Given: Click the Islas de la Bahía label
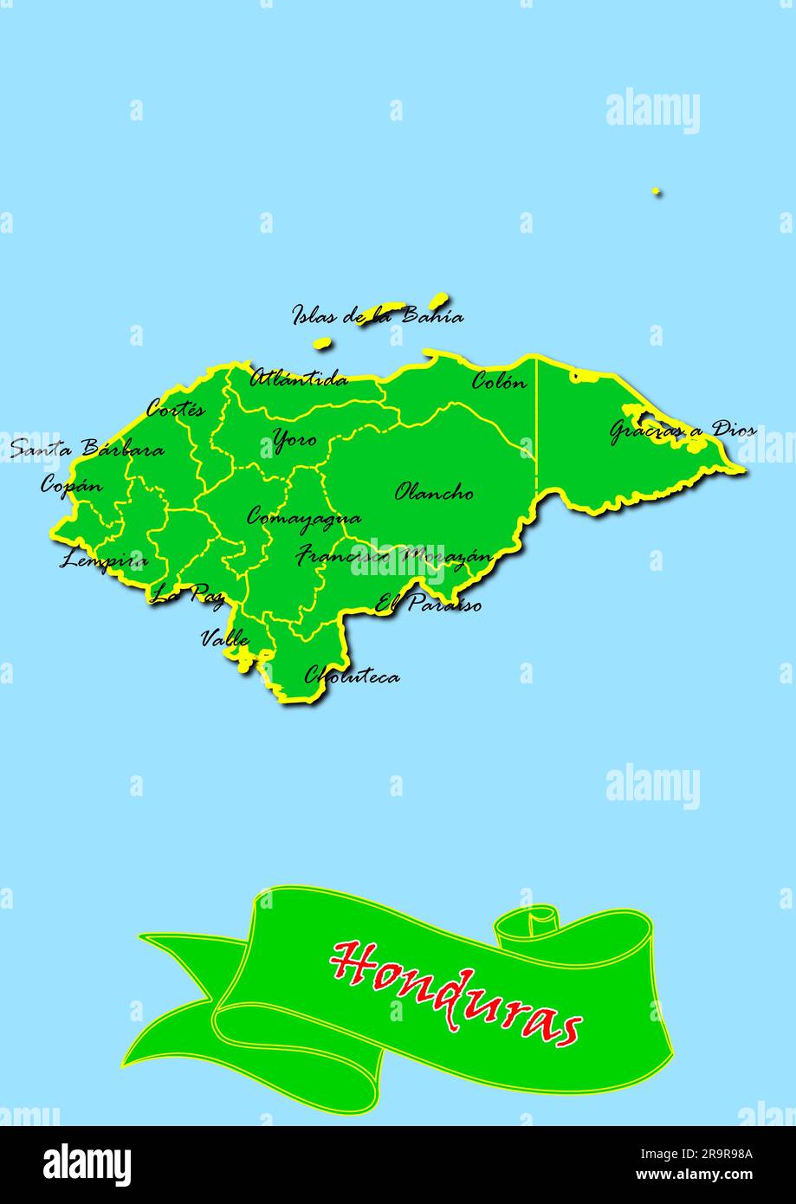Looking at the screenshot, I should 377,315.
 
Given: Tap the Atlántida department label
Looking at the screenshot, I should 299,379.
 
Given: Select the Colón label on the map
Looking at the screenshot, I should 498,381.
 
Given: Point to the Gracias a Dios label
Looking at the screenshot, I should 683,430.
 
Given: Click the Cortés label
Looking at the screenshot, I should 176,409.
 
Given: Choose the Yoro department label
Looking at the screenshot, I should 294,440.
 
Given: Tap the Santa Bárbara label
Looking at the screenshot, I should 87,450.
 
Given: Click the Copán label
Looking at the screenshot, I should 71,486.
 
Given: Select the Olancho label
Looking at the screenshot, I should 434,493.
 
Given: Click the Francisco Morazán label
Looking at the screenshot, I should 394,556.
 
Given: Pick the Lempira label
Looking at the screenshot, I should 103,560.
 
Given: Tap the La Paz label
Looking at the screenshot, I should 187,594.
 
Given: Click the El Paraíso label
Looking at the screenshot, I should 428,604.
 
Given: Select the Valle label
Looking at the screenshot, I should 224,639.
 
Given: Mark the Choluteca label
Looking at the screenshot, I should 352,675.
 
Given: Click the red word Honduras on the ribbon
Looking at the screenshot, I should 456,993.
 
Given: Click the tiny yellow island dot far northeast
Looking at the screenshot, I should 656,191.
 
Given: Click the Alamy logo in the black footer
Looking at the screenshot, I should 87,1164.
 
